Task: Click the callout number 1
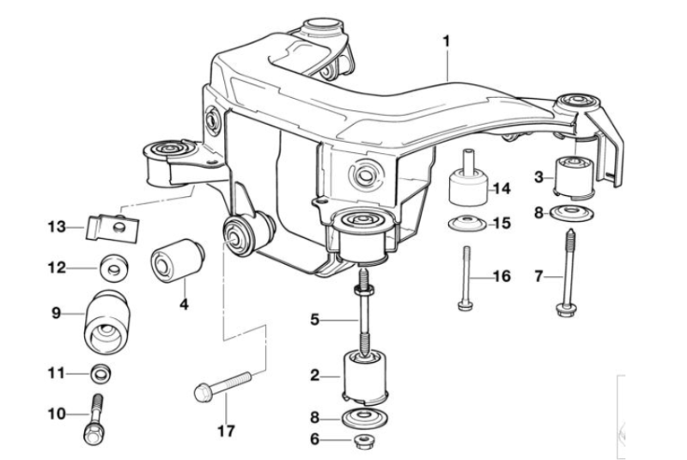coord(446,42)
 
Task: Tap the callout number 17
coord(227,431)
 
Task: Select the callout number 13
coord(57,227)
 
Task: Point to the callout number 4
coord(185,304)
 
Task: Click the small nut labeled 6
coord(362,441)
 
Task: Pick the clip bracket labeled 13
coord(112,229)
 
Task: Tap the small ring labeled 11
coord(100,374)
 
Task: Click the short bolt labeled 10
coord(94,420)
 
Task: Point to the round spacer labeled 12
coord(114,267)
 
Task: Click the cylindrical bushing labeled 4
coord(178,261)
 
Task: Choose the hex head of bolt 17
coord(202,391)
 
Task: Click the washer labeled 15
coord(467,224)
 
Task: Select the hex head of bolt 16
coord(465,304)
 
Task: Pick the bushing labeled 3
coord(574,176)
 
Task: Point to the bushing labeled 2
coord(366,377)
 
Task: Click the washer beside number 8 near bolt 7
coord(572,213)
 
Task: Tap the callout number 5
coord(314,320)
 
